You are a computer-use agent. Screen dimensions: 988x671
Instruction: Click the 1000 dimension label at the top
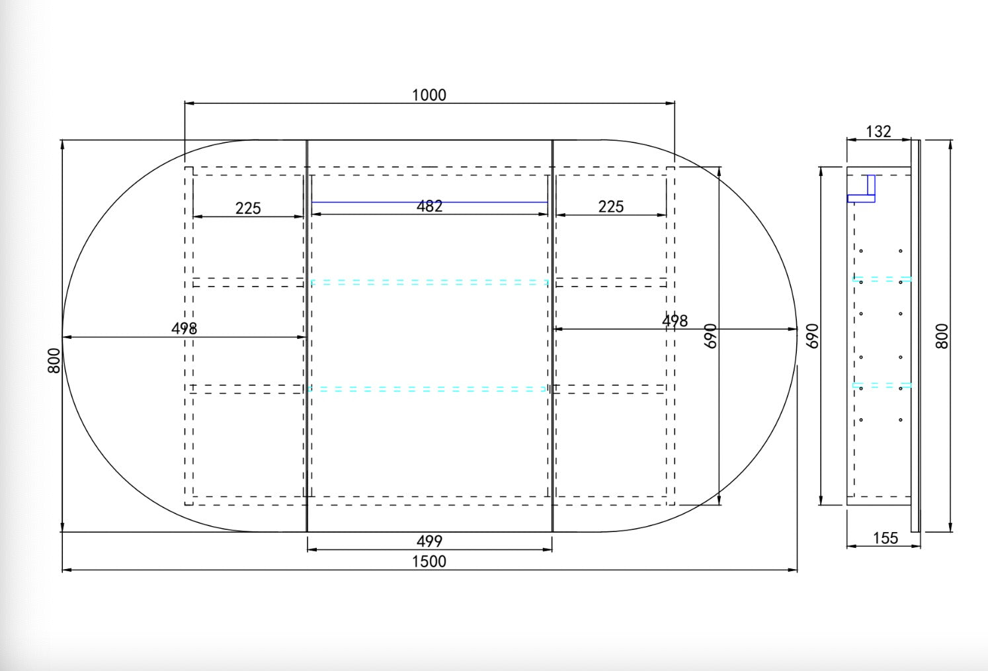click(x=429, y=95)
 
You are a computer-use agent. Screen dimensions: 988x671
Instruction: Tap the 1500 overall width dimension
click(x=429, y=562)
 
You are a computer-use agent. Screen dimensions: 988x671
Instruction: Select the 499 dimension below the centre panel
click(x=429, y=541)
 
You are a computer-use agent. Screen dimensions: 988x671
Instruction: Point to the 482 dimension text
click(x=429, y=206)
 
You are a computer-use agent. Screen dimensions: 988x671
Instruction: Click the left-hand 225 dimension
click(x=248, y=208)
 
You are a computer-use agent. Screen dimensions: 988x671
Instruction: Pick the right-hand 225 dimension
click(x=611, y=206)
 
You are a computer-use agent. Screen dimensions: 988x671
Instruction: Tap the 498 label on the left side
click(x=184, y=328)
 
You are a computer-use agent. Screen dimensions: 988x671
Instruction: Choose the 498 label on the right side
click(x=675, y=321)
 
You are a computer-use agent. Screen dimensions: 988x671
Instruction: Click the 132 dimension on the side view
click(x=878, y=132)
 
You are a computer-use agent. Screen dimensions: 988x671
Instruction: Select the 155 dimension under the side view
click(x=885, y=538)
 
